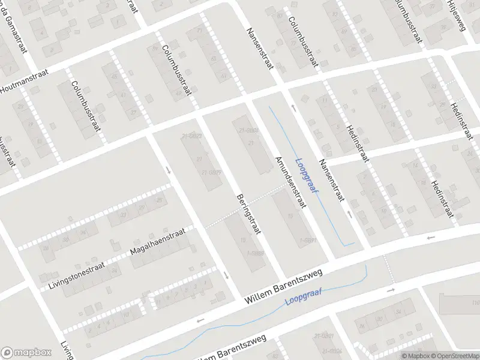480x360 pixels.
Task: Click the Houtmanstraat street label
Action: click(19, 88)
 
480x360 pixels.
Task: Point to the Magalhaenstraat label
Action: click(160, 244)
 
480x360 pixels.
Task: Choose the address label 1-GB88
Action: click(256, 253)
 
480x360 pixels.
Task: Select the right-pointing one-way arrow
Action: click(391, 290)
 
